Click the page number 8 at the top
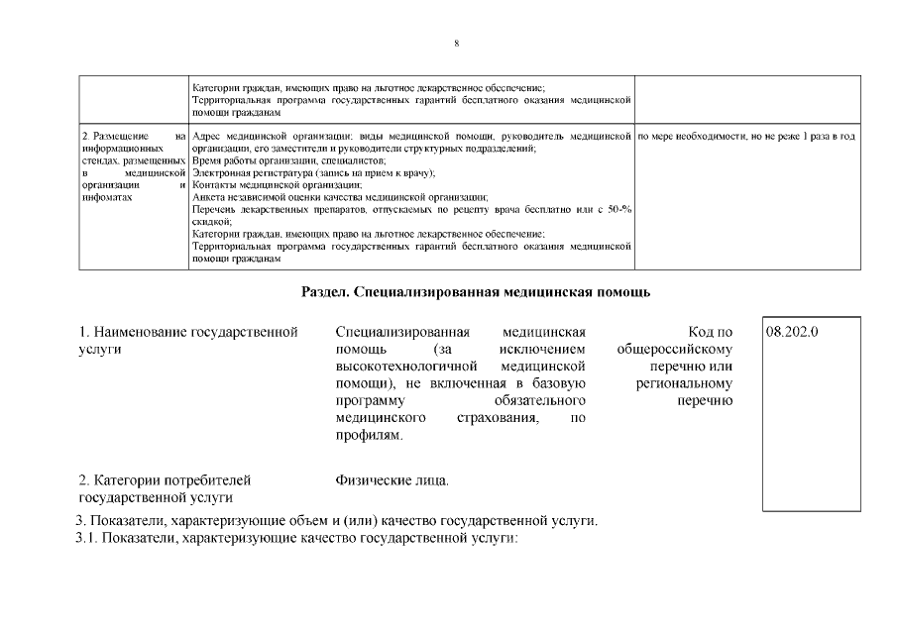pyautogui.click(x=455, y=44)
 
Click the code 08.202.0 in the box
pyautogui.click(x=793, y=332)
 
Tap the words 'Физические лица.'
pyautogui.click(x=392, y=480)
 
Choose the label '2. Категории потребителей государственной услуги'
pyautogui.click(x=165, y=488)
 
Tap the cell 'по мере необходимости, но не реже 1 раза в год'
pyautogui.click(x=746, y=135)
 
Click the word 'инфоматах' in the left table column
pyautogui.click(x=107, y=197)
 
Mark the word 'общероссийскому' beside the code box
pyautogui.click(x=674, y=349)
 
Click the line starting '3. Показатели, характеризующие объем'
pyautogui.click(x=337, y=521)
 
